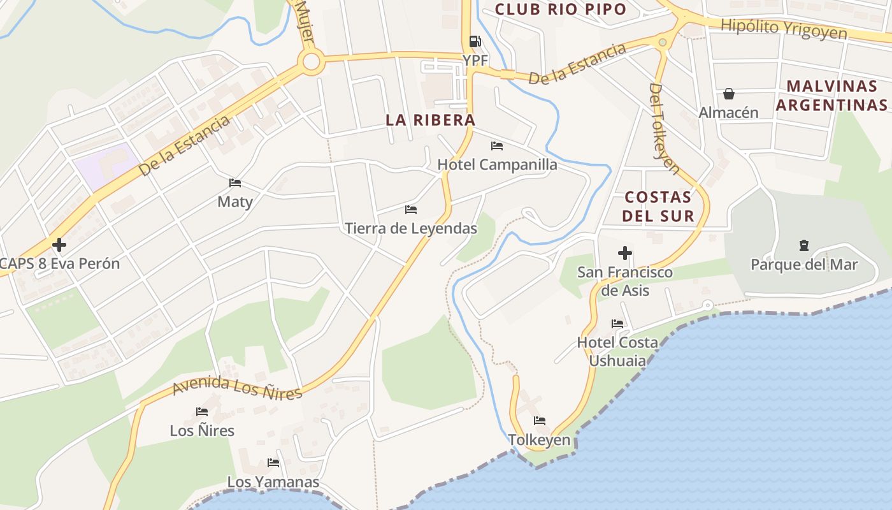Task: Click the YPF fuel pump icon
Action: [x=475, y=41]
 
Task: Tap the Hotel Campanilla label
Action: [x=497, y=164]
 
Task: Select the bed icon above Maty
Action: [x=235, y=184]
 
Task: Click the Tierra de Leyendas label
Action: [x=411, y=228]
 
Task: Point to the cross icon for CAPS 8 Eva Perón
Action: [x=59, y=245]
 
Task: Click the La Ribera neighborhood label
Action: [x=431, y=120]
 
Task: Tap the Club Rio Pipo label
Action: [x=561, y=9]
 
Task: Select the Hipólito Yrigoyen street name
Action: [x=784, y=30]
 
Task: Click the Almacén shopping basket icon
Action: [x=729, y=94]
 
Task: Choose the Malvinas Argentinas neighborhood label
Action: [x=831, y=96]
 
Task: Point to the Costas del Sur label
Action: [x=658, y=206]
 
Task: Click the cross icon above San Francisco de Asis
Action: [x=625, y=254]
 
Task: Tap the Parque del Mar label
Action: [x=804, y=265]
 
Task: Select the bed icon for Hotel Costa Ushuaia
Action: [x=617, y=324]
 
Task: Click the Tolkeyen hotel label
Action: [x=539, y=440]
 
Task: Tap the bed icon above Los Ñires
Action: [x=202, y=412]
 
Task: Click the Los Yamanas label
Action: [x=273, y=481]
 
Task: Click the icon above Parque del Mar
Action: [x=804, y=245]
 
